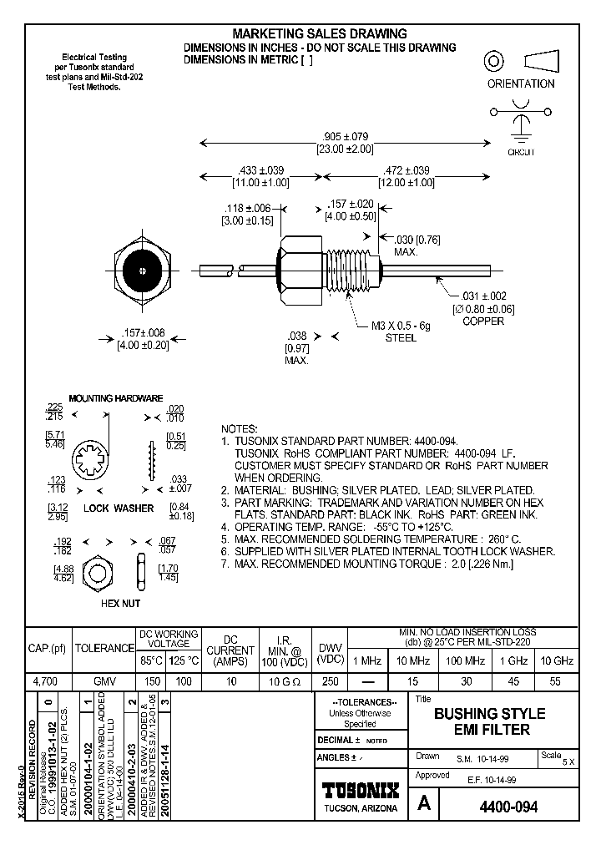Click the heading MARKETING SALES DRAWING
coord(320,33)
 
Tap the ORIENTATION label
coord(521,83)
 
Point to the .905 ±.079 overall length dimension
coord(345,136)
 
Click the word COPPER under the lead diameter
coord(483,321)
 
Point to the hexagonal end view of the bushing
coord(144,271)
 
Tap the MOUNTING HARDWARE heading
coord(115,398)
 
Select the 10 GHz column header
coord(557,660)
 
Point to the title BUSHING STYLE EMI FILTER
coord(489,721)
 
